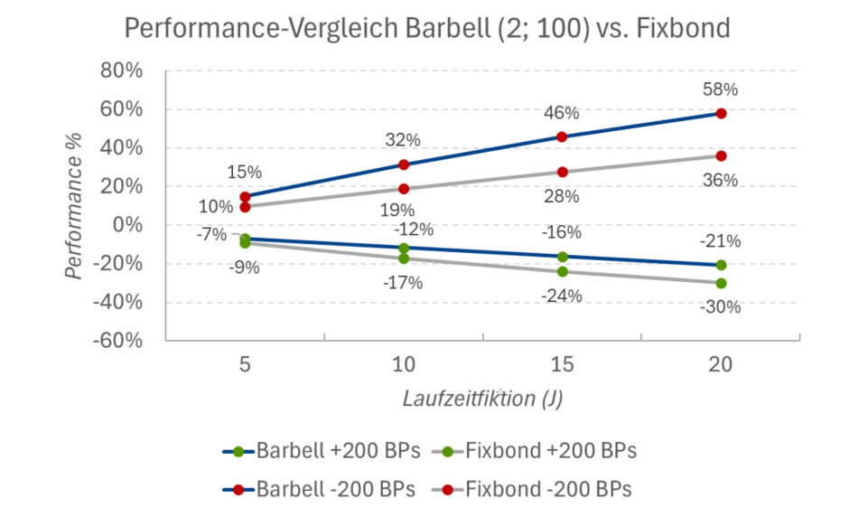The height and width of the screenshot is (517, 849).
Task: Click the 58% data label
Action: pyautogui.click(x=721, y=89)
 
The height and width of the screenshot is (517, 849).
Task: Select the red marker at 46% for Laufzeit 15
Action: pyautogui.click(x=562, y=136)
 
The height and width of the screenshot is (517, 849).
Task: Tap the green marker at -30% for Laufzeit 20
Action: pyautogui.click(x=721, y=283)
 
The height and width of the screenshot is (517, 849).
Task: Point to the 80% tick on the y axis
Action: pyautogui.click(x=119, y=70)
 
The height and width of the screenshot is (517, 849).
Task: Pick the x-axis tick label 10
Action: pyautogui.click(x=404, y=365)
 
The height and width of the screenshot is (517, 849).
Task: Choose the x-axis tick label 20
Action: pyautogui.click(x=721, y=365)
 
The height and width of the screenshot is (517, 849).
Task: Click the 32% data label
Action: pyautogui.click(x=403, y=140)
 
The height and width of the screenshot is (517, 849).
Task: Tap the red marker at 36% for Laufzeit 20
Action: pyautogui.click(x=721, y=155)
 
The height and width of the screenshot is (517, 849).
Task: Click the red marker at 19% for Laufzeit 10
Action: pyautogui.click(x=404, y=189)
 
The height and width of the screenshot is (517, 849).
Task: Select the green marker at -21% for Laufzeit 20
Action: pyautogui.click(x=721, y=265)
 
